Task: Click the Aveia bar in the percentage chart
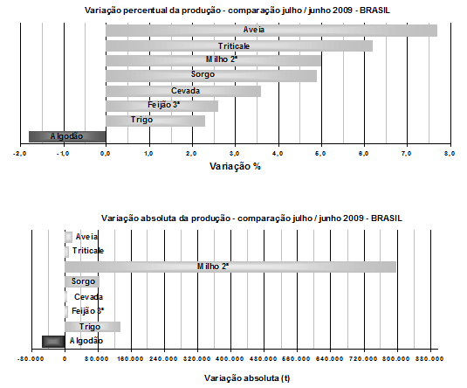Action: tap(271, 31)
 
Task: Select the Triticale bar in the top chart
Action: tap(239, 46)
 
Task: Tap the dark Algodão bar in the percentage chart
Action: tap(67, 136)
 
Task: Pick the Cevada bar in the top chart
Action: tap(183, 91)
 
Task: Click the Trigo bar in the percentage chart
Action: tap(155, 121)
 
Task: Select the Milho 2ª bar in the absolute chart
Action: tap(230, 267)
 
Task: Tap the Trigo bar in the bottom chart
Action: tap(93, 327)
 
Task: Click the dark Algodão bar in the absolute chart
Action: tap(53, 342)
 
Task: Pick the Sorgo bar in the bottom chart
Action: tap(82, 282)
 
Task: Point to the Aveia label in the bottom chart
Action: tap(86, 237)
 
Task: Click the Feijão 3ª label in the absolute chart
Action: tap(87, 311)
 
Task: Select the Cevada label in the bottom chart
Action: tap(88, 297)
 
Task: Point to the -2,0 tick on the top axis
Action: tap(20, 154)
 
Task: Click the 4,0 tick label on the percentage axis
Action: tap(278, 154)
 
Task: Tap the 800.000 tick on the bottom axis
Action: tap(396, 358)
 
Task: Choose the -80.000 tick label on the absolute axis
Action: tap(31, 358)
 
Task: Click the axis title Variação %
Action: tap(236, 166)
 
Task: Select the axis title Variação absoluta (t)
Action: tap(247, 378)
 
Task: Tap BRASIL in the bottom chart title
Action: tap(387, 218)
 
